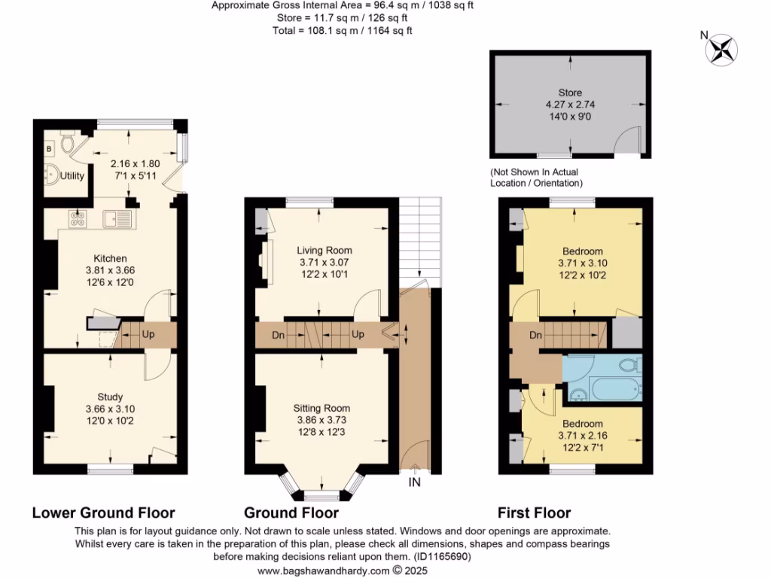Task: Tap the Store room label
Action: click(570, 93)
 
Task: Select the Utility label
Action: click(72, 176)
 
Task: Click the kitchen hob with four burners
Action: click(77, 219)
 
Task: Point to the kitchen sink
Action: click(117, 219)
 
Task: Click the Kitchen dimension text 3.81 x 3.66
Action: click(110, 269)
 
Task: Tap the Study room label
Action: click(110, 397)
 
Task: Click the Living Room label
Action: click(324, 251)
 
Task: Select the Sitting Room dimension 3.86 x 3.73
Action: click(322, 420)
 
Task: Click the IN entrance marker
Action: click(414, 482)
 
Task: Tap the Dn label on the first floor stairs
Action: click(537, 335)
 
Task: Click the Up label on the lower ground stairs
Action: click(148, 334)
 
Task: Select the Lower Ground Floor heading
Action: click(103, 513)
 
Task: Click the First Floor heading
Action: click(534, 513)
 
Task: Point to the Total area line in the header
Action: click(343, 31)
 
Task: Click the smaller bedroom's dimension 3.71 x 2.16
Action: click(581, 436)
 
